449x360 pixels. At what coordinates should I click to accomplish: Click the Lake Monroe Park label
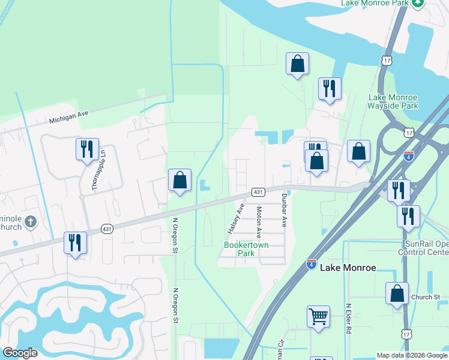coord(374,3)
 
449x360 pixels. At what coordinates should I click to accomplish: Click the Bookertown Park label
coord(246,249)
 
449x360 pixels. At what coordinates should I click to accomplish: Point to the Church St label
coord(426,297)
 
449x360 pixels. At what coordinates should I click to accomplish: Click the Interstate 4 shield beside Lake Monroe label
coord(311,264)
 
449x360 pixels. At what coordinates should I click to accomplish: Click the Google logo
coord(20,353)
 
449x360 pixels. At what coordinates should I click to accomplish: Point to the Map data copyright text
coord(412,355)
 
